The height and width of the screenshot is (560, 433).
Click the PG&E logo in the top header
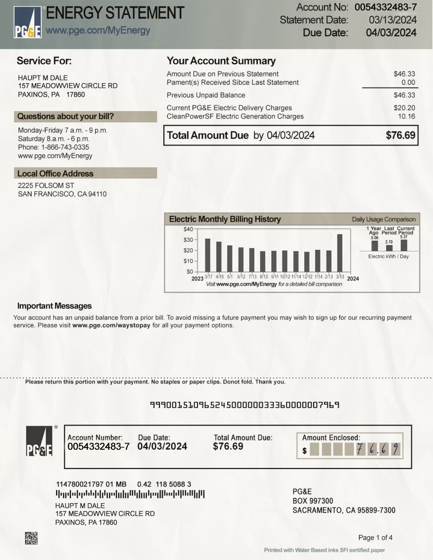[28, 22]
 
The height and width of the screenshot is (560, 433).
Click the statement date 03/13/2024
[392, 20]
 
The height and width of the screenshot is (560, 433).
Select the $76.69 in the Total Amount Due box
[400, 135]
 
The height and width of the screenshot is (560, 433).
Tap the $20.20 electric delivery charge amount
[404, 108]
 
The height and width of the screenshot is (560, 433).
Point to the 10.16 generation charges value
[406, 116]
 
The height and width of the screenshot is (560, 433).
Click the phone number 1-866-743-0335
[65, 147]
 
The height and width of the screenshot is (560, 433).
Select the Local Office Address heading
[55, 173]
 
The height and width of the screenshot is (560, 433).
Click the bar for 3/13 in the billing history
[340, 253]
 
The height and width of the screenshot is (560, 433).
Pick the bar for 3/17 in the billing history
[208, 255]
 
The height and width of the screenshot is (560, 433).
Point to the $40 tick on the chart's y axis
[188, 229]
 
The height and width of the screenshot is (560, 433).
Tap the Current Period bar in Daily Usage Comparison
[404, 245]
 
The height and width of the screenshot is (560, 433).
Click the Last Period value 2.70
[389, 242]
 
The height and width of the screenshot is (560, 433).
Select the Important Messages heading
[54, 306]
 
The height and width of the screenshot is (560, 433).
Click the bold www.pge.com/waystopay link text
[111, 325]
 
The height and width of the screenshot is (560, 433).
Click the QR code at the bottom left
[31, 538]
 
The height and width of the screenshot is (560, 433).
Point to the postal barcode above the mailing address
[130, 494]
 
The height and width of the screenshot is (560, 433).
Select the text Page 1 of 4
[375, 537]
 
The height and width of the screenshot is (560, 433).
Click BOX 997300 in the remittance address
[313, 501]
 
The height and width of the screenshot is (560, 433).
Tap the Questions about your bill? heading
[65, 116]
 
